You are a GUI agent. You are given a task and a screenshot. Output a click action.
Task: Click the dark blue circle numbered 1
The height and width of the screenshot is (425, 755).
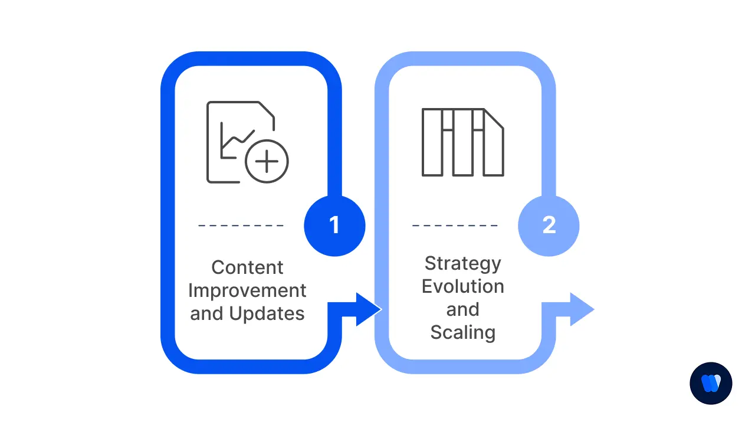(334, 225)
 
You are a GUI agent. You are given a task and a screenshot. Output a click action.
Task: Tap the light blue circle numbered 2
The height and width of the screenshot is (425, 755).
(549, 225)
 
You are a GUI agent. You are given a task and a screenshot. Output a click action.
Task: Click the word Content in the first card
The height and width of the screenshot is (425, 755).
(247, 267)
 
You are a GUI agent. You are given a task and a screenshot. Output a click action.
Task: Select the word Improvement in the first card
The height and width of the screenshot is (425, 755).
(247, 290)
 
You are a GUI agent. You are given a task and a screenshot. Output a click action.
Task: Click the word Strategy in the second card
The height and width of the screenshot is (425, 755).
(462, 263)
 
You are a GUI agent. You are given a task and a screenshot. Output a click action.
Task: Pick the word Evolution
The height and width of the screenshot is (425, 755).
(462, 286)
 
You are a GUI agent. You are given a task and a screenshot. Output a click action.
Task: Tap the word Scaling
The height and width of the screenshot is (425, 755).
(462, 332)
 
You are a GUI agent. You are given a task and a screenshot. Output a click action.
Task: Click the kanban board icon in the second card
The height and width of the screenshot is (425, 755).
(462, 142)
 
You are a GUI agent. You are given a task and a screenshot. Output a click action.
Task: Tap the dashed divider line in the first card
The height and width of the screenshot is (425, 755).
(241, 225)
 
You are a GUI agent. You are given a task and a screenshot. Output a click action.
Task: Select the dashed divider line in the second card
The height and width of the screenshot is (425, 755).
(455, 225)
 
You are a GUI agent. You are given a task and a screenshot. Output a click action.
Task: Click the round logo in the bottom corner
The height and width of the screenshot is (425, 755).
(711, 383)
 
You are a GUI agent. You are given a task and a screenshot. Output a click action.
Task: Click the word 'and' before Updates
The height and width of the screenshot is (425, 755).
(206, 313)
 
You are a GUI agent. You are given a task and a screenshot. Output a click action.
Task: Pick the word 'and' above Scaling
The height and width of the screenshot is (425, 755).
(462, 309)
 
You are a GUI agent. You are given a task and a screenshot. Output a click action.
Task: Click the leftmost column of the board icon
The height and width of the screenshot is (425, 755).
(432, 142)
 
